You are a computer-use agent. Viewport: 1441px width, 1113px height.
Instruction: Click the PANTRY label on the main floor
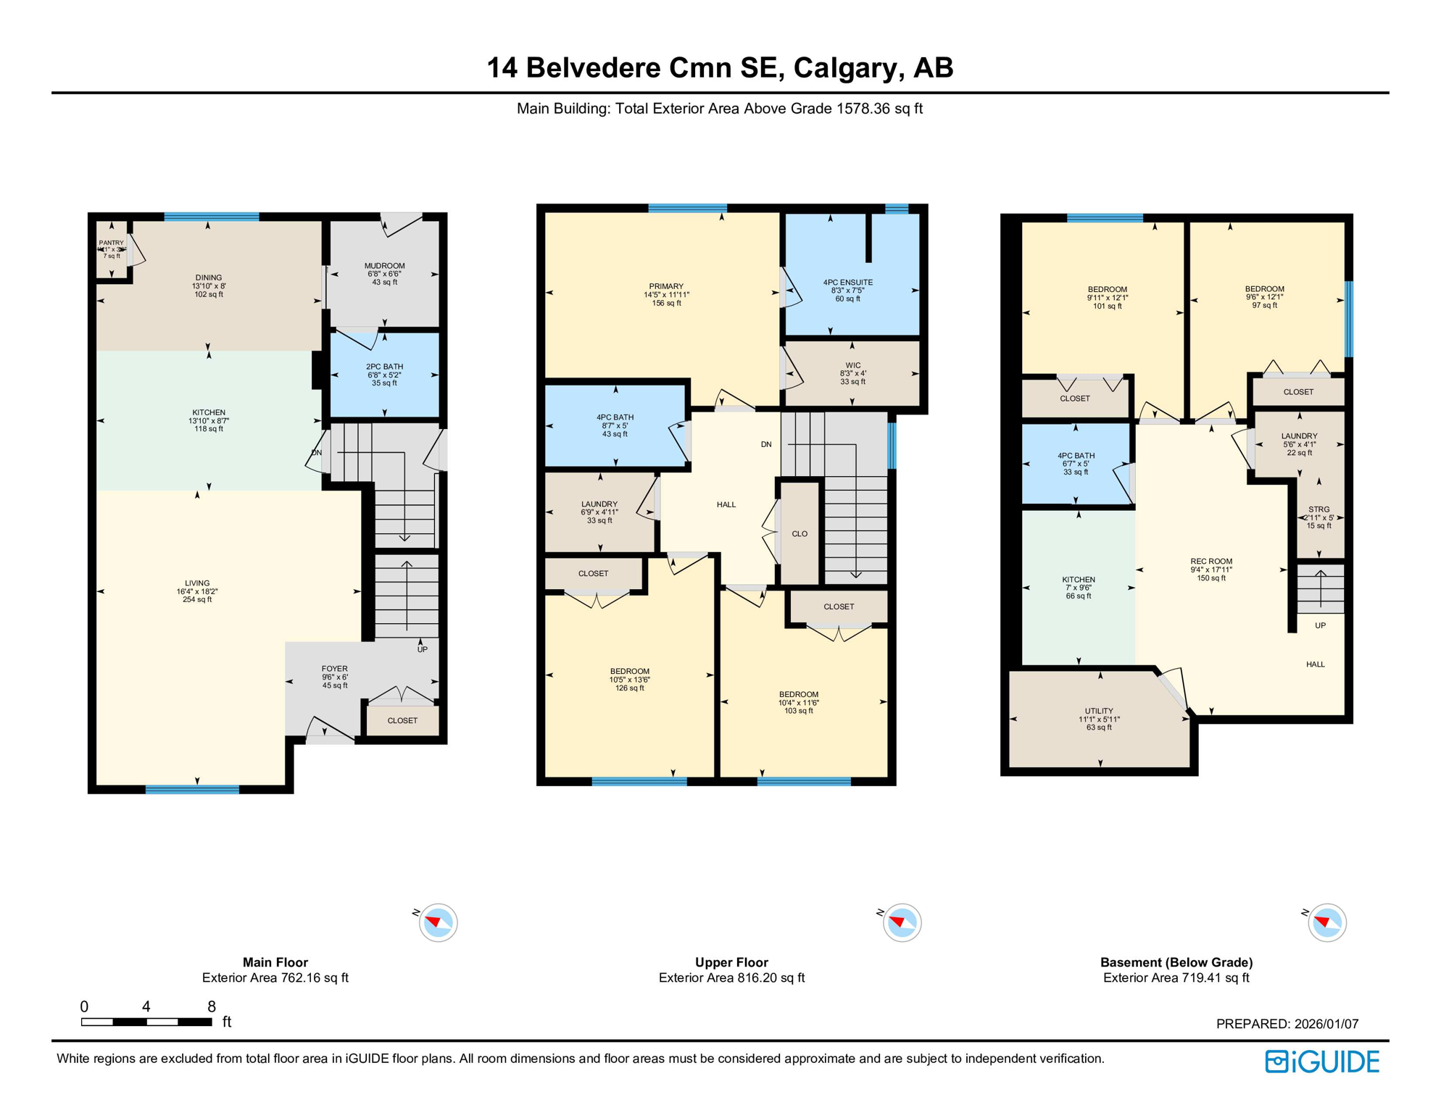111,243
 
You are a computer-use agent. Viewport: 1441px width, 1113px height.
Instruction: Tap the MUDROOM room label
384,266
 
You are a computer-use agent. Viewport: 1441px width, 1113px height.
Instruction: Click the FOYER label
334,669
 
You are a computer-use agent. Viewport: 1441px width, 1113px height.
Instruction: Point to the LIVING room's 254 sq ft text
197,599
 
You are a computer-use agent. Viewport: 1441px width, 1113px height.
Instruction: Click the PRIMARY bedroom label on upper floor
666,286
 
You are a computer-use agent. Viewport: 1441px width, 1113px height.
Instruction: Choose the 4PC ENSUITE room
847,283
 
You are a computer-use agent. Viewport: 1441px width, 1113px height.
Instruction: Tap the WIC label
852,366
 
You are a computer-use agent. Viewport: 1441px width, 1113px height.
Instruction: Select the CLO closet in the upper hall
800,534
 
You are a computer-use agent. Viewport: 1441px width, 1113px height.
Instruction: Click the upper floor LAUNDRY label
599,504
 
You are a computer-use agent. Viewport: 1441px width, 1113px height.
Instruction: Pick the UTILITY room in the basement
1099,711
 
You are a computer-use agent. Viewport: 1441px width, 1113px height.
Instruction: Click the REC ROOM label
1210,562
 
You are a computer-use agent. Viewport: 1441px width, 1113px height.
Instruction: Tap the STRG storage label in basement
1319,509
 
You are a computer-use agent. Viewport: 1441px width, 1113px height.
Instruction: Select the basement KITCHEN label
1078,580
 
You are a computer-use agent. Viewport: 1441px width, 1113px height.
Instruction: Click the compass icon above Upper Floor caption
902,922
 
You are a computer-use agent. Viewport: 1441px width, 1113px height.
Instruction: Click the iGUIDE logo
1322,1062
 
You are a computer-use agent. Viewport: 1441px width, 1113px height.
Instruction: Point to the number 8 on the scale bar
212,1006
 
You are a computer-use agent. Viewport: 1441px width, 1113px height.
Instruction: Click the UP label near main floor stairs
423,649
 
